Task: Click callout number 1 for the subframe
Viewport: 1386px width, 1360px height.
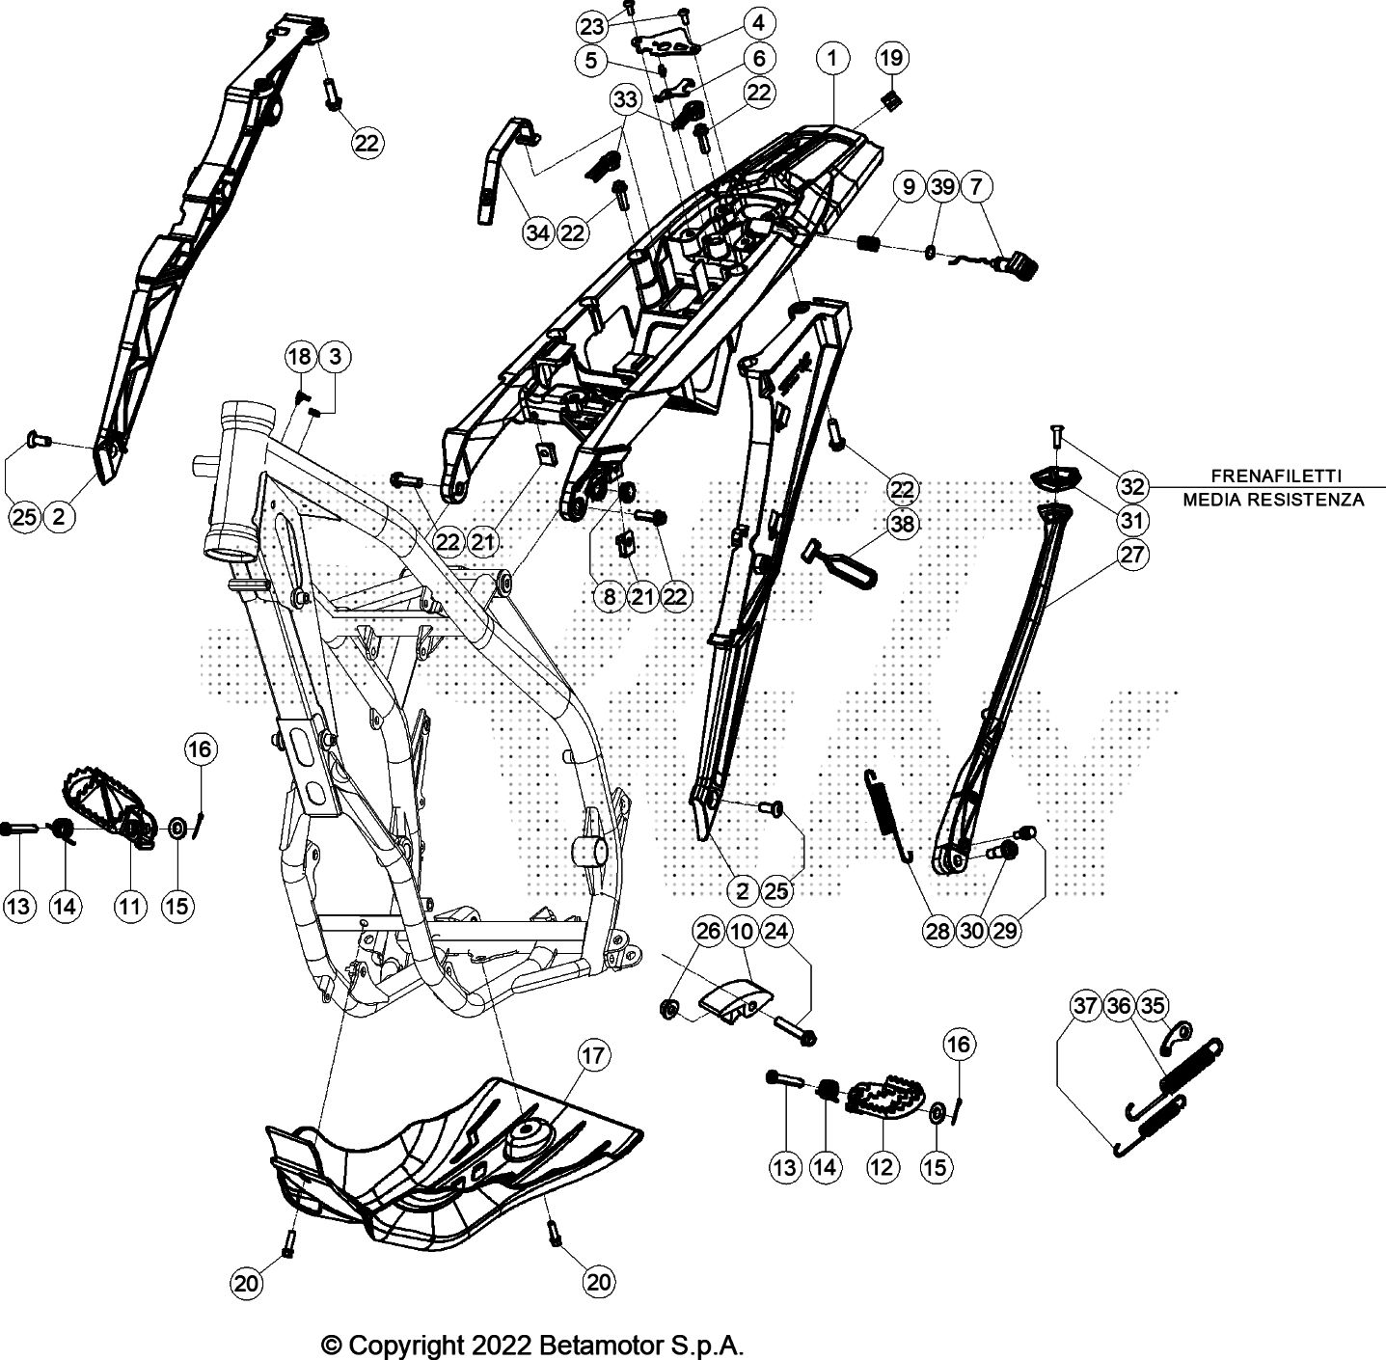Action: (831, 58)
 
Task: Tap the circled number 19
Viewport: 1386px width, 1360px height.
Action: (891, 58)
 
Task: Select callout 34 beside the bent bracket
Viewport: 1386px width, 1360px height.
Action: (538, 232)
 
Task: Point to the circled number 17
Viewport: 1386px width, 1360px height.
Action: (594, 1055)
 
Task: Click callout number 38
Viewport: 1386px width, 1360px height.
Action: (904, 523)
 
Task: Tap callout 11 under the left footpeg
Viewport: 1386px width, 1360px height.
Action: (130, 905)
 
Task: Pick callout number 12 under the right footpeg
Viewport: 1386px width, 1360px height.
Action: (882, 1167)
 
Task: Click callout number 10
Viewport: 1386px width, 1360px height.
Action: (742, 931)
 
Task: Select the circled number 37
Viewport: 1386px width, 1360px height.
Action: (1085, 1006)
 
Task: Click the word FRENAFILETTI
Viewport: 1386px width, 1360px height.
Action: (1274, 476)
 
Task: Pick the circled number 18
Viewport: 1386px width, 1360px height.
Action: (299, 357)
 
